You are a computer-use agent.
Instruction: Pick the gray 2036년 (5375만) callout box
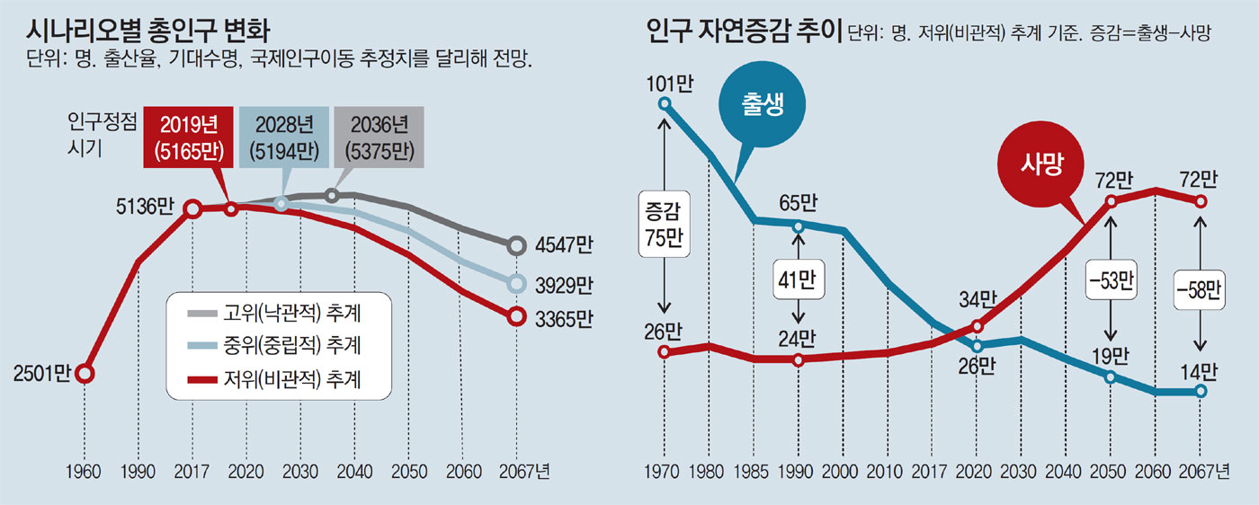coord(378,138)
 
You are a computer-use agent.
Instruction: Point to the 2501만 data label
coord(41,373)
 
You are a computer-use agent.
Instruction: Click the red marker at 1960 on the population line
coord(85,373)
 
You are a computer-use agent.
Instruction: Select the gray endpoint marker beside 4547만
coord(516,244)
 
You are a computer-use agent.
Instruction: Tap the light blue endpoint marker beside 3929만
coord(516,284)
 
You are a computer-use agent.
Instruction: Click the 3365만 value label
coord(563,317)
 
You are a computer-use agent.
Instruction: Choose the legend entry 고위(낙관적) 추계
coord(280,313)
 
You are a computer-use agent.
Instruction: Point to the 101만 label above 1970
coord(665,85)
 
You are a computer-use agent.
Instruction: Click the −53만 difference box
coord(1112,280)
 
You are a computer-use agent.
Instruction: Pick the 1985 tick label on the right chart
coord(755,473)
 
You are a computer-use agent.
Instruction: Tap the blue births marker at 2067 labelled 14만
coord(1201,391)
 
